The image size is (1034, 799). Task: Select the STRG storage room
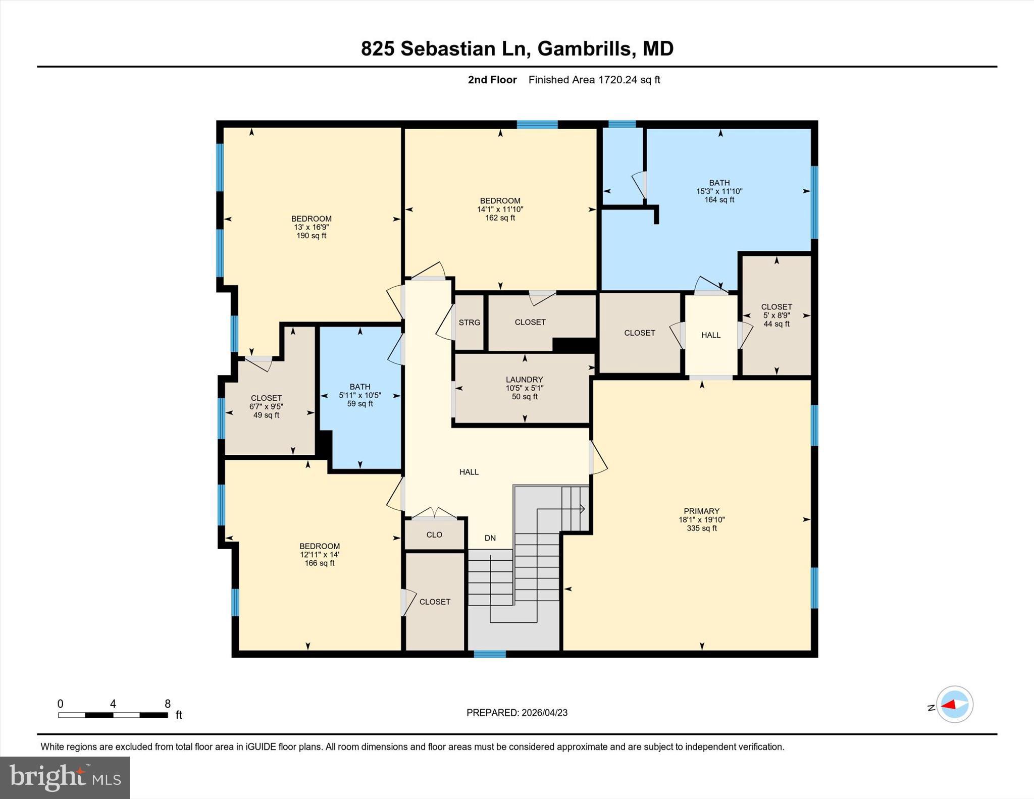[469, 323]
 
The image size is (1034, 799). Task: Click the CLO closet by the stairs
[434, 535]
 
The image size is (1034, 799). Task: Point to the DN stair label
[490, 538]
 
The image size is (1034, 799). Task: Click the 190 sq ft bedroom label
[311, 227]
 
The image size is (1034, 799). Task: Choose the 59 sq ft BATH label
[360, 395]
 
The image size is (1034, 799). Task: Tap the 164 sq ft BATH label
[719, 191]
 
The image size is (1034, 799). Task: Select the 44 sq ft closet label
[776, 315]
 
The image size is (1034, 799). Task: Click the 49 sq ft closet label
[266, 406]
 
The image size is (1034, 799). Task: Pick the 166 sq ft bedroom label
[319, 554]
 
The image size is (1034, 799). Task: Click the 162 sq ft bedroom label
[500, 209]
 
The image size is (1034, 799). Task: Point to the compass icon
[954, 704]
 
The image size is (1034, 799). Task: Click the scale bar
[113, 715]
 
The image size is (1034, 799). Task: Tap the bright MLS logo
[65, 777]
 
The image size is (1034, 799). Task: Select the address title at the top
[517, 49]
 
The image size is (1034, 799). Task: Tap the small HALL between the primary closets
[710, 335]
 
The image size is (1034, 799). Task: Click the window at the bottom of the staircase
[489, 654]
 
